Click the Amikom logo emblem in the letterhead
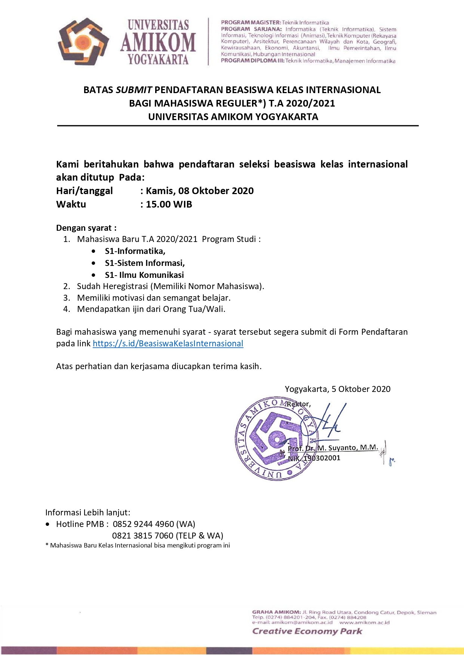pos(83,42)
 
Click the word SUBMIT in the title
pos(134,90)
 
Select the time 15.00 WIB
pos(169,204)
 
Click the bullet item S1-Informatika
pos(135,251)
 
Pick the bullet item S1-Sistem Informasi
pos(145,263)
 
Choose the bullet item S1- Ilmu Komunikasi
pos(144,275)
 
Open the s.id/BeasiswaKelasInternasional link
pos(168,343)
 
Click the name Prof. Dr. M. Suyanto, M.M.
pos(333,448)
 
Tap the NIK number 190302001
pos(322,458)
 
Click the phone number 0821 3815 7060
pos(142,536)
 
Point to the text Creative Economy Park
pos(307,631)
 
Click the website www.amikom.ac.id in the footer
pos(364,622)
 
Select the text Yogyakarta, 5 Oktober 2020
pos(337,389)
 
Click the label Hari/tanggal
pos(84,191)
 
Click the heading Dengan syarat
pos(86,228)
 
